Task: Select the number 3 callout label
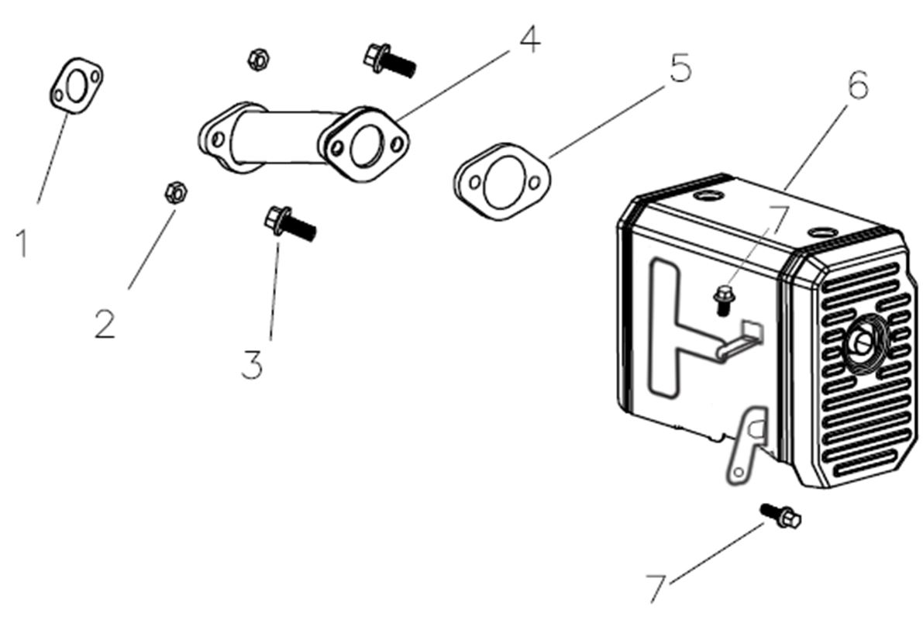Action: tap(252, 364)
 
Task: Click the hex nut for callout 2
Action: tap(174, 191)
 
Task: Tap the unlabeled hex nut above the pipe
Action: tap(257, 57)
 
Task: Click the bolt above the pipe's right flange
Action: tap(388, 59)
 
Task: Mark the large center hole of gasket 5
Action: tap(501, 183)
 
